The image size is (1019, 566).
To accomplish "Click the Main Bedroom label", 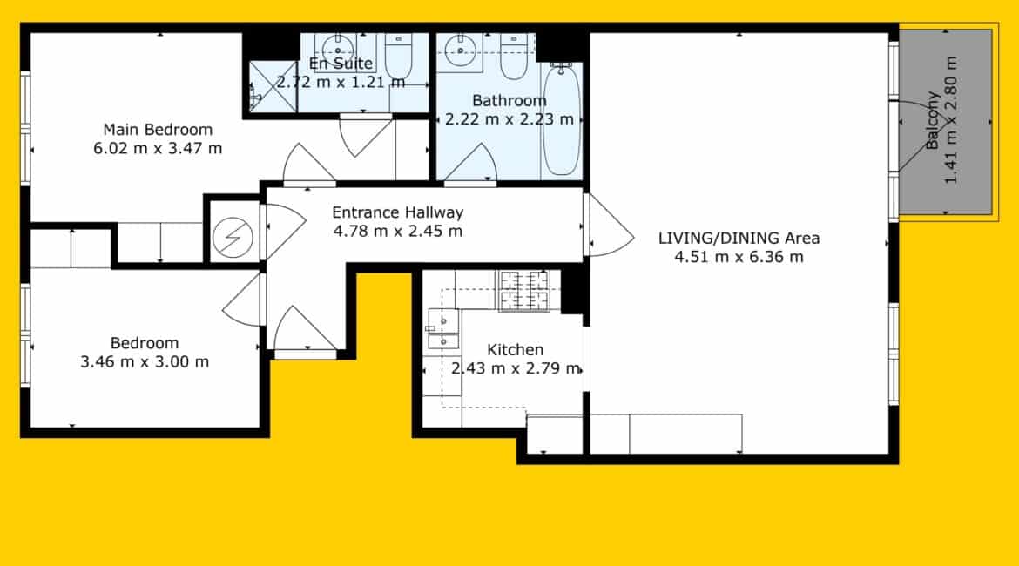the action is pyautogui.click(x=158, y=130).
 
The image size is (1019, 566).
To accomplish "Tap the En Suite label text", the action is pyautogui.click(x=341, y=64).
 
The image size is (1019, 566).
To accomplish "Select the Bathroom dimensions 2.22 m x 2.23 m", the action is pyautogui.click(x=509, y=119).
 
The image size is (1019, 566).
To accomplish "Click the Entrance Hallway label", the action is pyautogui.click(x=397, y=212).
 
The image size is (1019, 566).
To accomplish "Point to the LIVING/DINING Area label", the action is pyautogui.click(x=739, y=239).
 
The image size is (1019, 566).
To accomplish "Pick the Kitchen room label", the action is pyautogui.click(x=515, y=349).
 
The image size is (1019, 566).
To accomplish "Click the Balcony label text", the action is pyautogui.click(x=933, y=121).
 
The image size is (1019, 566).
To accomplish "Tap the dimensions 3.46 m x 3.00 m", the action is pyautogui.click(x=145, y=362).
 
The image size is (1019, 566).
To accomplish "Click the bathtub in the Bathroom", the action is pyautogui.click(x=562, y=119).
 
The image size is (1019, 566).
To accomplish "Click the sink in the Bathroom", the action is pyautogui.click(x=460, y=51).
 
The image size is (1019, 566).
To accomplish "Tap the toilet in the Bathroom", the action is pyautogui.click(x=513, y=57).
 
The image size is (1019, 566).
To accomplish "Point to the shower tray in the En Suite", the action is pyautogui.click(x=273, y=86).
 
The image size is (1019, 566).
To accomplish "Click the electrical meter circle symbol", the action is pyautogui.click(x=232, y=237).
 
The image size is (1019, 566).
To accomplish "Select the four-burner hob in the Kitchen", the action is pyautogui.click(x=523, y=291).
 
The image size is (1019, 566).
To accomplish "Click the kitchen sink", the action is pyautogui.click(x=443, y=330).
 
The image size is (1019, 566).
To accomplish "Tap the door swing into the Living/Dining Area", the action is pyautogui.click(x=610, y=226).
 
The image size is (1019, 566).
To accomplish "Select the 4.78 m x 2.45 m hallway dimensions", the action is pyautogui.click(x=398, y=232).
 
